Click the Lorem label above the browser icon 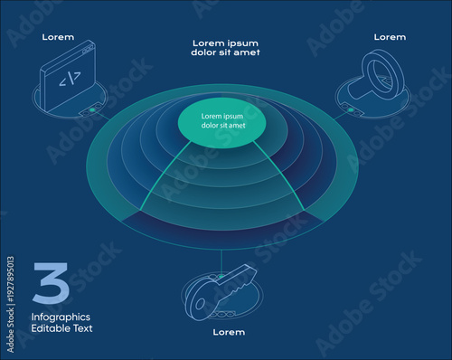click(x=58, y=38)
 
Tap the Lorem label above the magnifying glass click(x=390, y=37)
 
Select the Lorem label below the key click(x=229, y=332)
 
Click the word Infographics click(x=61, y=317)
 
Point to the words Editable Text click(x=61, y=328)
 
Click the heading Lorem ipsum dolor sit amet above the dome click(x=226, y=47)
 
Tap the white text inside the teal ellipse click(x=222, y=121)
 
